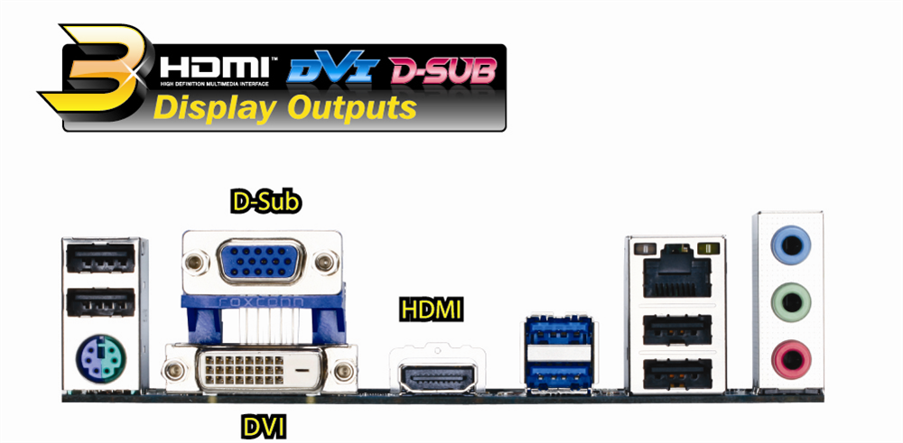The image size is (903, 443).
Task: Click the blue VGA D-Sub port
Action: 262,261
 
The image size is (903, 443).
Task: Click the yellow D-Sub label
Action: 265,202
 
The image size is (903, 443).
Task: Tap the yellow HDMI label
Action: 431,311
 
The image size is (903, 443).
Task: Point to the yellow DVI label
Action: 263,425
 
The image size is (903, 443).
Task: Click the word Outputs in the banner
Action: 351,107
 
